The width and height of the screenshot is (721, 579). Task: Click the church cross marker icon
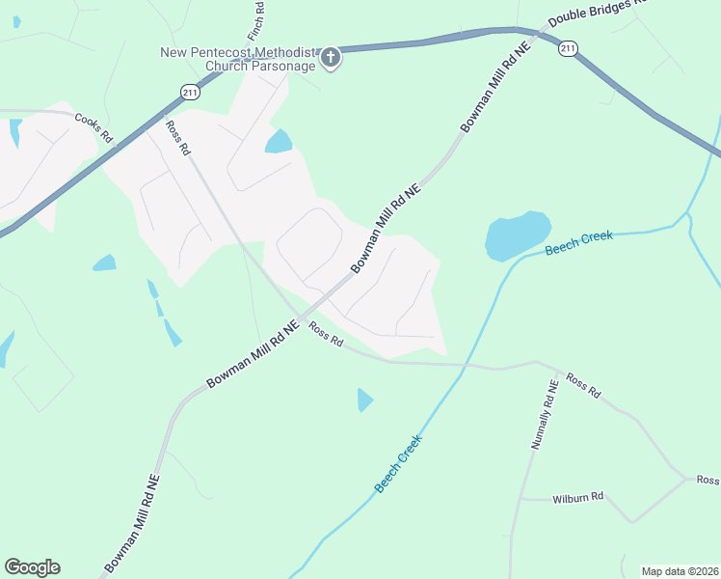331,59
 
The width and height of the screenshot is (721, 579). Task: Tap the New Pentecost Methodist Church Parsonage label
240,59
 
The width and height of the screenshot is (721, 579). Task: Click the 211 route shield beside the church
189,91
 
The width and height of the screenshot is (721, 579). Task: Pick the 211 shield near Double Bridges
569,47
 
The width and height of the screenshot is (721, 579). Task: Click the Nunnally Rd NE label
545,414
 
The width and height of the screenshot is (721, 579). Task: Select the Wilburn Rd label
577,497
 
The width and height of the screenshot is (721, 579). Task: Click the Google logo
32,567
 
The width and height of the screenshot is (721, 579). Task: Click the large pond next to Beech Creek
517,235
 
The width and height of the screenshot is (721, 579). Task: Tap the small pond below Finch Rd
279,142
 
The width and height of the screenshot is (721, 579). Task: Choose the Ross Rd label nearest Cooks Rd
178,137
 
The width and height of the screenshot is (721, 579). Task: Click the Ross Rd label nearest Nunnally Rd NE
583,385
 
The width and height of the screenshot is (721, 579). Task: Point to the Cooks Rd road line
48,112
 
